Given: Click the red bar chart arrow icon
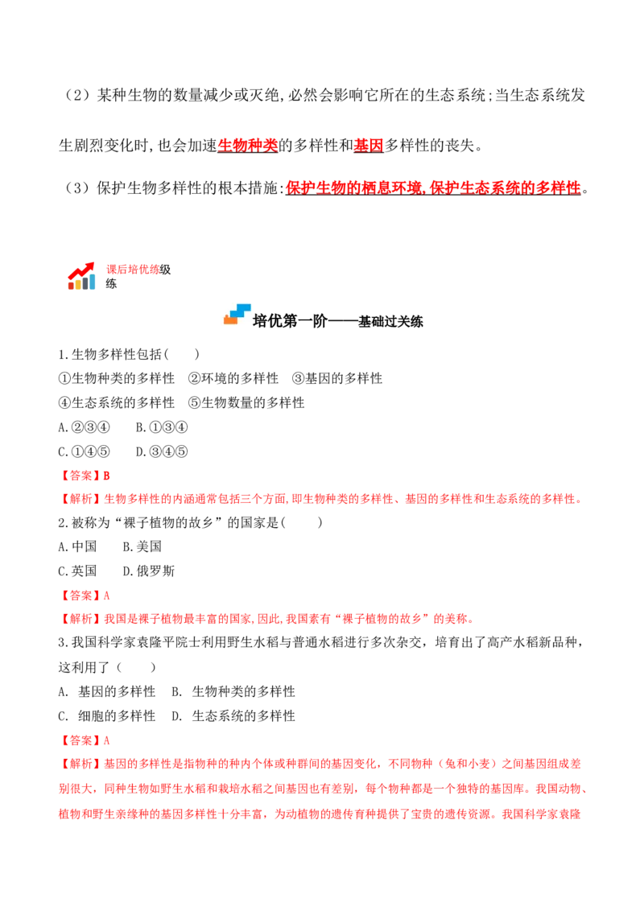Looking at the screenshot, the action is pos(81,276).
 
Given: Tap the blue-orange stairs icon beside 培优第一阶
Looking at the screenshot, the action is pos(237,315).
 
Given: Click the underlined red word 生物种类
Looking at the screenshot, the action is pos(248,145).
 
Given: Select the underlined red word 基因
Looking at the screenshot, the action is pos(369,145).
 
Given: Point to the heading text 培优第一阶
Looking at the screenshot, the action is pos(290,321).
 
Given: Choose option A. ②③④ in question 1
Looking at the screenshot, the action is pos(85,427).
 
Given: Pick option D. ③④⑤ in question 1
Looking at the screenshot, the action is pos(162,452).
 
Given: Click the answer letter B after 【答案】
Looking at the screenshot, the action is pos(107,476).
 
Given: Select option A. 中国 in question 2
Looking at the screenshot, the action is pos(77,546).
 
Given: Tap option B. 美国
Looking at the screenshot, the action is pos(142,546).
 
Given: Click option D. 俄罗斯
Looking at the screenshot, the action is pos(149,571).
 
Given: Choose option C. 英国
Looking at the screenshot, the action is pos(77,571).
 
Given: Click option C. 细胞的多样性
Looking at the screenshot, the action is pos(107,715).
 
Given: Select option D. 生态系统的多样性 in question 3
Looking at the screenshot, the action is pos(233,715).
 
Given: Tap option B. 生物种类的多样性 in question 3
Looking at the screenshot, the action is pos(233,691).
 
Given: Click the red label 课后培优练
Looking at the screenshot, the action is pos(133,270).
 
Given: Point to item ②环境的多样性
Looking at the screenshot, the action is pos(233,379).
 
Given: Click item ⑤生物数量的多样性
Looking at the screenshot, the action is pos(246,403).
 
